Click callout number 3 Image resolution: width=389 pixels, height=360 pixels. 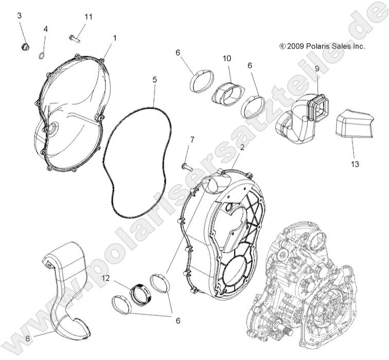coord(20,15)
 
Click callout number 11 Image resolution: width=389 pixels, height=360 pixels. coord(89,17)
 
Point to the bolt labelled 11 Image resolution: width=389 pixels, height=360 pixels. coord(76,37)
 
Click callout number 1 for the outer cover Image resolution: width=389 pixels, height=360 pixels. coord(115,38)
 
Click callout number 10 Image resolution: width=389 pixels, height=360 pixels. coord(226,58)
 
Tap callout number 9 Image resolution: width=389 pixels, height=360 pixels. coord(316,68)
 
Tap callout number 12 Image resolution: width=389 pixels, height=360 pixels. coord(105,278)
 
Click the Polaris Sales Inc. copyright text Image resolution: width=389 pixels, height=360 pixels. coord(322,46)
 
